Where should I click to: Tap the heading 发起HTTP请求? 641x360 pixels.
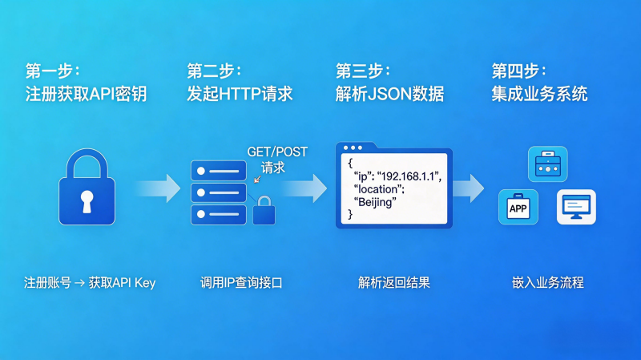tap(240, 94)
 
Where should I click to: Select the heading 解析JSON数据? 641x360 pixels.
tap(389, 94)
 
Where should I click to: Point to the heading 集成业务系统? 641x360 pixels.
tap(538, 94)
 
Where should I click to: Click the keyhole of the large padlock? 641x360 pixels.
tap(87, 200)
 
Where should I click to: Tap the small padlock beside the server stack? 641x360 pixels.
tap(264, 212)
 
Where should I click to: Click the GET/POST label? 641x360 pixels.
tap(276, 152)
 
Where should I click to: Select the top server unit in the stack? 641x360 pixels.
tap(218, 170)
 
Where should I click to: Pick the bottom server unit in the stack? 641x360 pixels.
tap(218, 215)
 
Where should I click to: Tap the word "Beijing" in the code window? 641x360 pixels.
tap(375, 202)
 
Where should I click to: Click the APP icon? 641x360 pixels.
tap(518, 208)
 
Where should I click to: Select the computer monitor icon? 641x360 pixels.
tap(576, 206)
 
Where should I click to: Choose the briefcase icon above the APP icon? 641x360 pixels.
tap(546, 164)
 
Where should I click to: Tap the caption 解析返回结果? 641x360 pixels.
tap(394, 282)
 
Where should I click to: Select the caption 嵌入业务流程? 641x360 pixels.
tap(548, 282)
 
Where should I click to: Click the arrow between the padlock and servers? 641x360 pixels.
tap(157, 189)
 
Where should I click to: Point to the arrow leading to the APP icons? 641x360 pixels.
tap(469, 189)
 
